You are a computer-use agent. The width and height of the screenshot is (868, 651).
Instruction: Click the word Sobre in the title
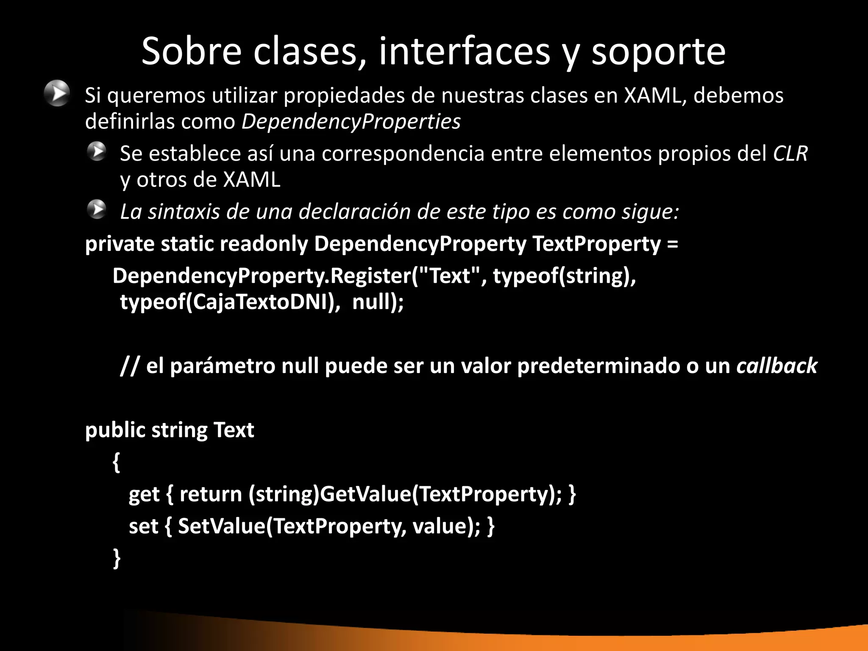pyautogui.click(x=191, y=51)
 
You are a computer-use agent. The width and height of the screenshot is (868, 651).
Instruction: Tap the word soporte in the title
pyautogui.click(x=658, y=52)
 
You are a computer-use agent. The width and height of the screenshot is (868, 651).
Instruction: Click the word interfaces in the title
pyautogui.click(x=464, y=51)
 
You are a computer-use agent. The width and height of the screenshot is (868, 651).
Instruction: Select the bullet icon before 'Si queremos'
pyautogui.click(x=57, y=93)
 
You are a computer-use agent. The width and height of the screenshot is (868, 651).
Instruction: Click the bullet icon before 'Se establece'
pyautogui.click(x=97, y=151)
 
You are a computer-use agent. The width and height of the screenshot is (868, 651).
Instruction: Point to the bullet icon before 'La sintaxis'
pyautogui.click(x=97, y=209)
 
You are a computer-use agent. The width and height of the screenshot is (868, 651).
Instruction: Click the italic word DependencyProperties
pyautogui.click(x=351, y=122)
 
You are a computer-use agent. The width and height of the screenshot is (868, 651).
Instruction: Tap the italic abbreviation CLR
pyautogui.click(x=790, y=153)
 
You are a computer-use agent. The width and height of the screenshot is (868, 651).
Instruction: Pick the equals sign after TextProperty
pyautogui.click(x=672, y=245)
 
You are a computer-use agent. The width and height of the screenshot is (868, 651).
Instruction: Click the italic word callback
pyautogui.click(x=776, y=366)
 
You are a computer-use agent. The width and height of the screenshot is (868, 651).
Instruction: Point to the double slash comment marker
pyautogui.click(x=129, y=366)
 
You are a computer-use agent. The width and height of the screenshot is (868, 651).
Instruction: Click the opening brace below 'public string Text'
pyautogui.click(x=117, y=462)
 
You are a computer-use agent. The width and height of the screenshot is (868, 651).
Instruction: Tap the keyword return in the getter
pyautogui.click(x=210, y=494)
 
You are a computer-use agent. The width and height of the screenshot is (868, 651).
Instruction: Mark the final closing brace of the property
pyautogui.click(x=117, y=558)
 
